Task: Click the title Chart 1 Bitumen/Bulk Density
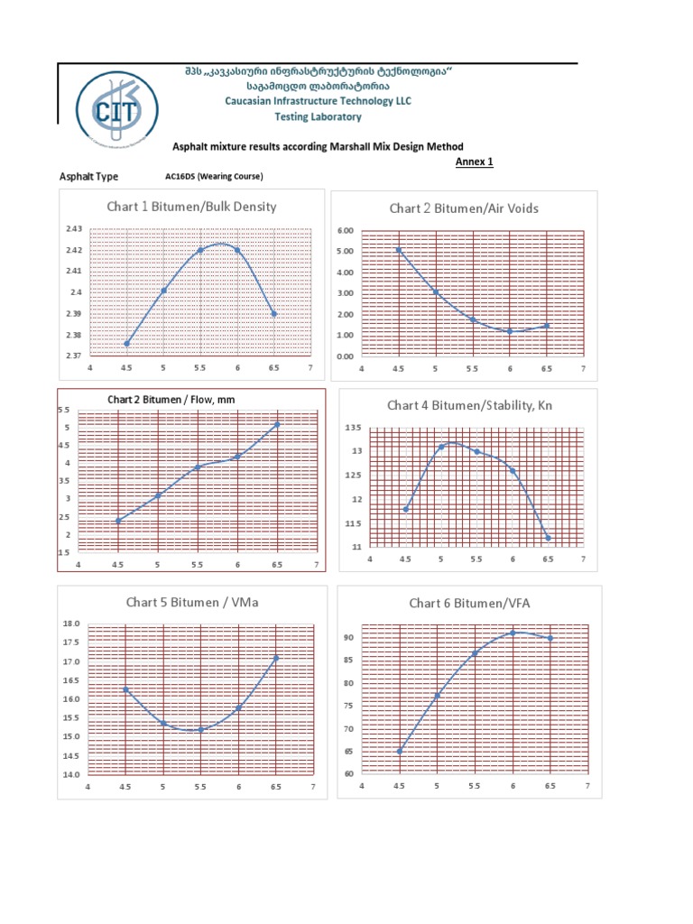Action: tap(191, 207)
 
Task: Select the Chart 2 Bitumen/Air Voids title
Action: tap(464, 208)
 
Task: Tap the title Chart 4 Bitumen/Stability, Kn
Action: tap(469, 406)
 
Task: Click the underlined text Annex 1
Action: tap(474, 162)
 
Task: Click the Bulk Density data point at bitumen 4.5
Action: tap(126, 344)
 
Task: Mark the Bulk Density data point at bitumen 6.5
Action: tap(274, 314)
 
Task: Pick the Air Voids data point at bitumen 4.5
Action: tap(398, 250)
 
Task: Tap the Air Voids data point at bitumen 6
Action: tap(510, 331)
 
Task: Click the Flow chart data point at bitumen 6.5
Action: tap(277, 424)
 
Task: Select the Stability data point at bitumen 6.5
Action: tap(548, 538)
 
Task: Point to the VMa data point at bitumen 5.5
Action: tap(200, 730)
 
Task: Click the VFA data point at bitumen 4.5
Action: tap(400, 751)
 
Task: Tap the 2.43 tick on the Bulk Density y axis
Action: tap(74, 229)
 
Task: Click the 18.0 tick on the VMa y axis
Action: tap(72, 624)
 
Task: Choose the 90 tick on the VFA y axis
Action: tap(347, 638)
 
